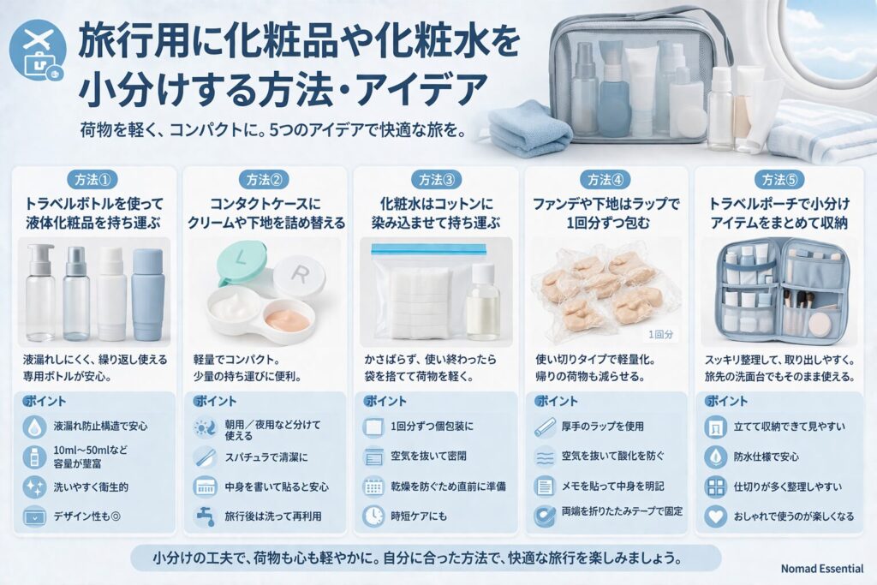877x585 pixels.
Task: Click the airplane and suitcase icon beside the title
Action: (39, 54)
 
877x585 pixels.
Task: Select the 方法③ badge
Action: (436, 179)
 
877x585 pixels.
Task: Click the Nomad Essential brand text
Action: (822, 569)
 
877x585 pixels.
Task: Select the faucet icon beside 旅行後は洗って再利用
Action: (205, 516)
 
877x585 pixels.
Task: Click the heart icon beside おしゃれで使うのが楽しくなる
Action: (715, 516)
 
